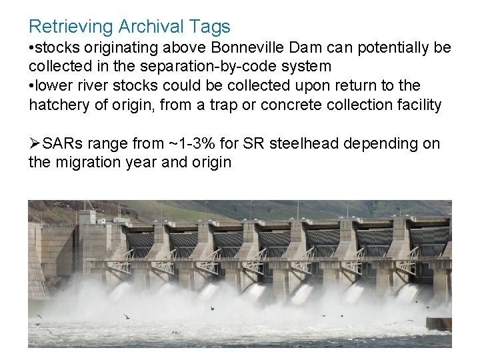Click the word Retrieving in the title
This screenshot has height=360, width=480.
point(71,27)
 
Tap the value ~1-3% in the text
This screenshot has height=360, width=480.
point(190,143)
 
